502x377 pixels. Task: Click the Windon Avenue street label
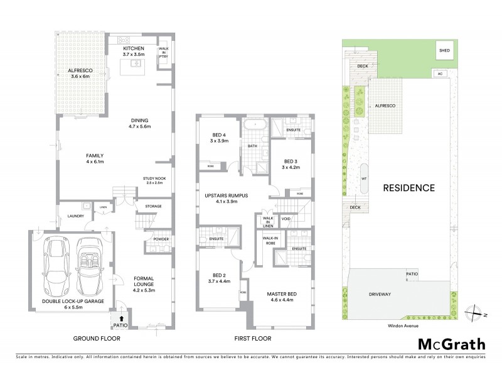403,326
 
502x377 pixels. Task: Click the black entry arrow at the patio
120,320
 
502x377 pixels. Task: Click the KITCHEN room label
134,48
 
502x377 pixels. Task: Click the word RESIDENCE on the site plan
409,187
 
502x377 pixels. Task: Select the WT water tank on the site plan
363,178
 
